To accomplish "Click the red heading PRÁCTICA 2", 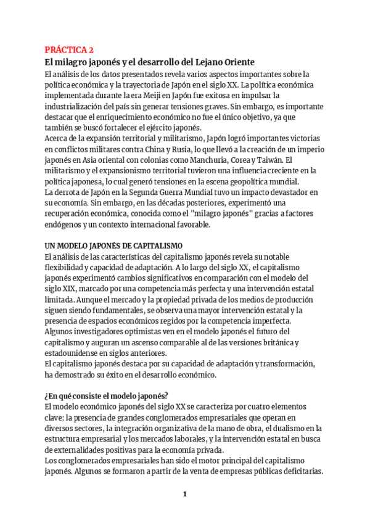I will click(x=69, y=50).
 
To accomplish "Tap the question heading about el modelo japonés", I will click(x=107, y=396).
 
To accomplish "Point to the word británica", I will click(x=278, y=342).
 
